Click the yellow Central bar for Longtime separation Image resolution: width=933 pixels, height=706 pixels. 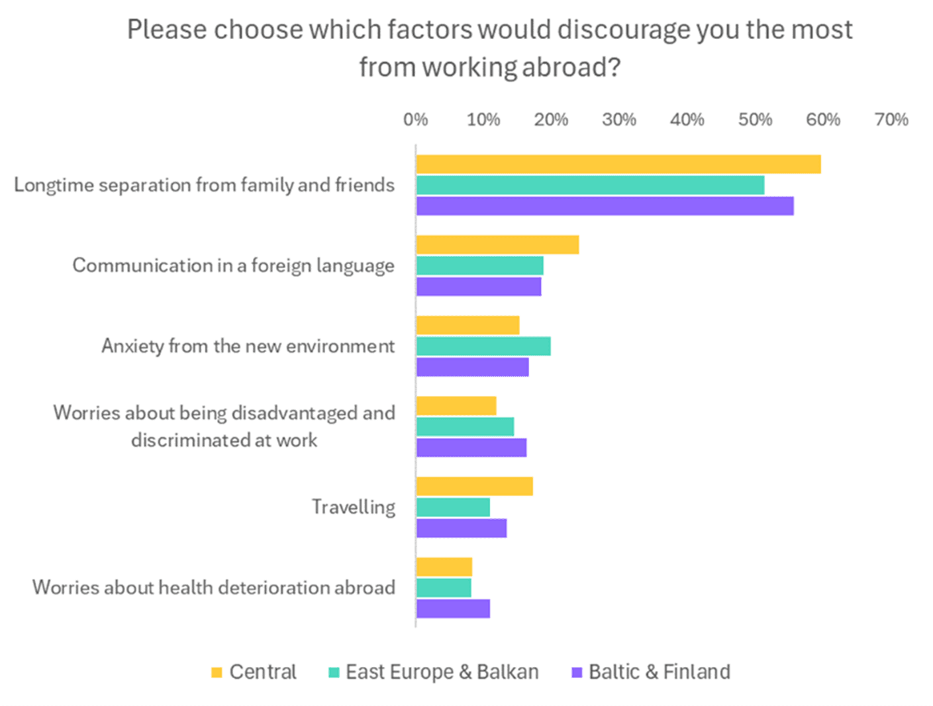coord(618,164)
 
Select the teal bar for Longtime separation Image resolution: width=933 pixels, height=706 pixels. coord(590,185)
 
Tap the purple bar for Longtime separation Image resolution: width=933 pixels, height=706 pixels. coord(605,207)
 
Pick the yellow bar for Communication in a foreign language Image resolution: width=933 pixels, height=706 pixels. coord(497,245)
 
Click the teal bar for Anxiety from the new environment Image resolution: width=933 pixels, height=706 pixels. coord(483,346)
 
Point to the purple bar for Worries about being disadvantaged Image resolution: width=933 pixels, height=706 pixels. coord(471,448)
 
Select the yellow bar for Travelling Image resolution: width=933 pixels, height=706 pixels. coord(474,487)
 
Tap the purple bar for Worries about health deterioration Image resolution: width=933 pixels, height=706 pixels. coord(453,609)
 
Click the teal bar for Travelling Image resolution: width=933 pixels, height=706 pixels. coord(453,507)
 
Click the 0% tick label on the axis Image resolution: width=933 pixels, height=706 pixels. coord(415,120)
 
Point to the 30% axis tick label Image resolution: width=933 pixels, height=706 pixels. coord(618,120)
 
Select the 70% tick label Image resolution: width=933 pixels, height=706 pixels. coord(891,120)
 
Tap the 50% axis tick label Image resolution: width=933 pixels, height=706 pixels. coord(755,120)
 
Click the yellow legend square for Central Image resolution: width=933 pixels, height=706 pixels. coord(217,672)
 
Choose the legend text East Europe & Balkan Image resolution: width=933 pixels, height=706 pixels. coord(442,672)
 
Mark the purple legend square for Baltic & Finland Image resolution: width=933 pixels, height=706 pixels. coord(577,672)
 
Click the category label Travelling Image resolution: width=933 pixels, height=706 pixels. coord(354,507)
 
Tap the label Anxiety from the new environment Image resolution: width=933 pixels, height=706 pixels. coord(248,346)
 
